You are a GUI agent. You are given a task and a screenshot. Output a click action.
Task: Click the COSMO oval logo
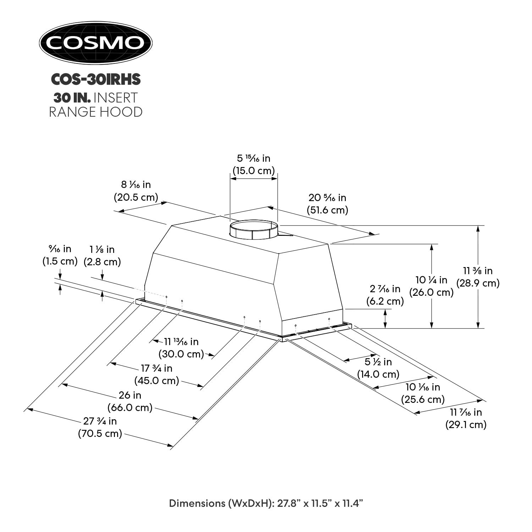click(x=95, y=43)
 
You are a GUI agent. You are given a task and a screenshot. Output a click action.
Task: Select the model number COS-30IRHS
click(x=96, y=79)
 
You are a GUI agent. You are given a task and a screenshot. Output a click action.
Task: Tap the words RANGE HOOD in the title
click(x=96, y=112)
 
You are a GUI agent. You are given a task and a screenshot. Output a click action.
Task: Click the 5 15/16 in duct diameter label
click(x=254, y=164)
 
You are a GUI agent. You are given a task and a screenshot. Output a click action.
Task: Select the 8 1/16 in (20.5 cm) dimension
click(x=136, y=191)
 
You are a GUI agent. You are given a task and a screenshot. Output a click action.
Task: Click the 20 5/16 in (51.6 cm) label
click(x=327, y=204)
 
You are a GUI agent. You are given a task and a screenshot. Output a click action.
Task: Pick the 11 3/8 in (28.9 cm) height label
click(x=478, y=277)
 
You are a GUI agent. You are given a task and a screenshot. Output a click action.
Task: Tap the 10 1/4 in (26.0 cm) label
click(x=431, y=286)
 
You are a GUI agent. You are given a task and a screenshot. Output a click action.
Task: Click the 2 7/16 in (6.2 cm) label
click(x=385, y=295)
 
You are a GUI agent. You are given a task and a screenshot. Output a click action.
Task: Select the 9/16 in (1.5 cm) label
click(x=60, y=255)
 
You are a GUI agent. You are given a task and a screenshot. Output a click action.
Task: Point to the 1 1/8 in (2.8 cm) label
click(x=102, y=256)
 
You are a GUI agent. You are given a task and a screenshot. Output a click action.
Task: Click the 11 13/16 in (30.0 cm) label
click(x=181, y=348)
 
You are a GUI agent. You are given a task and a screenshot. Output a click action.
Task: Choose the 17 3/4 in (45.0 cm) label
click(x=157, y=374)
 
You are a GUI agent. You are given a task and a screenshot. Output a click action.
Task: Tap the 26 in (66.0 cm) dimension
click(x=130, y=401)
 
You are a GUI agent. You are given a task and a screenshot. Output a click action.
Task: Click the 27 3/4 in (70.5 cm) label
click(x=100, y=427)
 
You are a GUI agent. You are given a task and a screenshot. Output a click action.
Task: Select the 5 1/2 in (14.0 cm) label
click(x=378, y=368)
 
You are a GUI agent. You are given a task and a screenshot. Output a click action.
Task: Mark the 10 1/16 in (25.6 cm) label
click(x=423, y=393)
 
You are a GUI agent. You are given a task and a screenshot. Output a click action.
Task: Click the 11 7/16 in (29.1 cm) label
click(x=466, y=418)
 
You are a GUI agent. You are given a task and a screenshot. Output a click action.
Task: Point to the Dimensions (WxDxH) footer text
click(x=266, y=503)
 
